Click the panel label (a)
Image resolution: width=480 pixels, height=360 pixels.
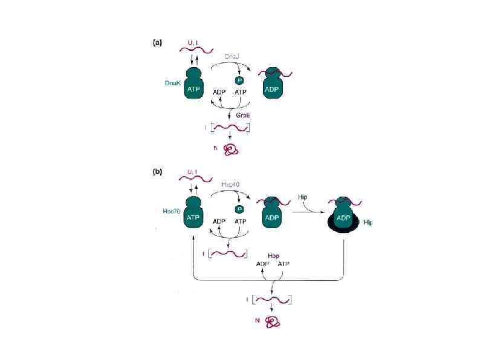[x=157, y=42]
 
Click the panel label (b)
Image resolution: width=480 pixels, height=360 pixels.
[x=157, y=172]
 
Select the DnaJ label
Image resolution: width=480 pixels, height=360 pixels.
[x=232, y=56]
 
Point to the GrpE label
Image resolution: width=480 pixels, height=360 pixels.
[x=243, y=114]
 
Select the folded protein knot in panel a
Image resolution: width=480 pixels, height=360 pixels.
[x=231, y=149]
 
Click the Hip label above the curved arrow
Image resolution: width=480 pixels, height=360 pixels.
[x=304, y=197]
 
